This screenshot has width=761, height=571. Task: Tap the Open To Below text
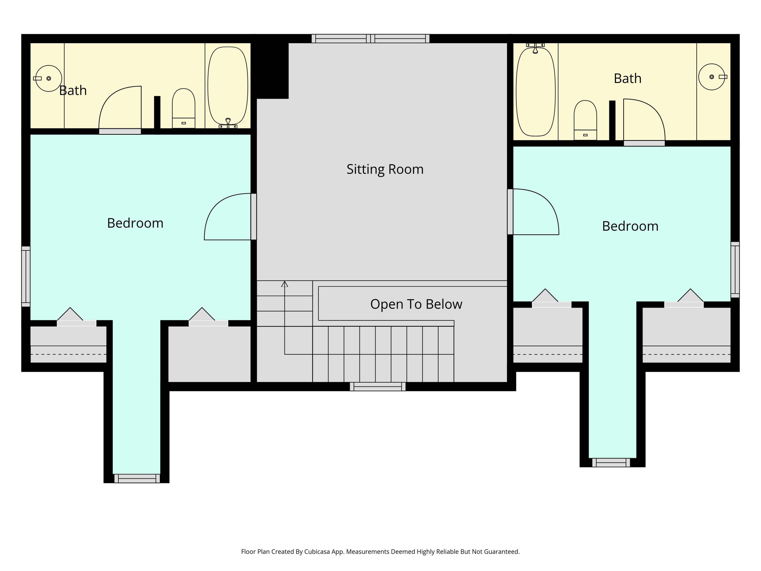click(x=416, y=304)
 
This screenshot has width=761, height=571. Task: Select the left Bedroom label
click(x=135, y=223)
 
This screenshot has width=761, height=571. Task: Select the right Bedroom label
click(x=630, y=226)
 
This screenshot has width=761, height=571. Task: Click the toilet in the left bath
click(x=183, y=108)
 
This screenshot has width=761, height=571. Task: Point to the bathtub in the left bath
click(x=228, y=86)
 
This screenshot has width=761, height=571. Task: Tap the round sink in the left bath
click(x=48, y=78)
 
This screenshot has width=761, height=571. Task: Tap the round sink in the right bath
click(x=712, y=77)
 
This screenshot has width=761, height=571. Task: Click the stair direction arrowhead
click(x=285, y=284)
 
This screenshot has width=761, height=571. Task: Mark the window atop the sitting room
click(x=371, y=39)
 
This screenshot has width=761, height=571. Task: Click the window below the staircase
click(x=378, y=387)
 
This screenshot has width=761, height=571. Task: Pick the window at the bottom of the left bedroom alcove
click(x=137, y=478)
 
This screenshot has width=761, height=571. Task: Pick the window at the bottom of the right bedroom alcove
click(x=611, y=463)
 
